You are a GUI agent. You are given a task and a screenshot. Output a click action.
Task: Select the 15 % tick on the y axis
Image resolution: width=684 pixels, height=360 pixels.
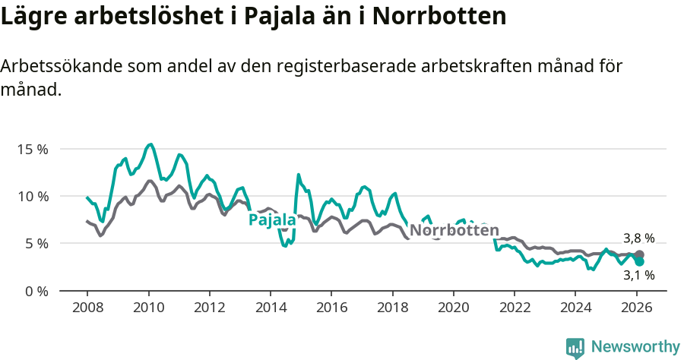[33, 149]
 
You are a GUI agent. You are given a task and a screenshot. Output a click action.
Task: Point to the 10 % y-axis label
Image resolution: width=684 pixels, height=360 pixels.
[33, 196]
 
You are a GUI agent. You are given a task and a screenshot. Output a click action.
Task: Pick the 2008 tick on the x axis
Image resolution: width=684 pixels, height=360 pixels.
[87, 308]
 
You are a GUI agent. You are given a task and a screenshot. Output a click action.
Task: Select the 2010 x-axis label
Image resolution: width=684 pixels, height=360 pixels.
[148, 308]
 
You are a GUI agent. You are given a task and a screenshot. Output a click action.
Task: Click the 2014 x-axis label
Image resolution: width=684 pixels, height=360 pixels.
[271, 308]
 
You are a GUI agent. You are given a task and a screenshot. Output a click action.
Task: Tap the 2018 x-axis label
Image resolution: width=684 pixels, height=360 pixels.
[393, 308]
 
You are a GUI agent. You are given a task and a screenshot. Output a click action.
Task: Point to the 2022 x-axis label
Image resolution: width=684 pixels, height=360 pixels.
[515, 308]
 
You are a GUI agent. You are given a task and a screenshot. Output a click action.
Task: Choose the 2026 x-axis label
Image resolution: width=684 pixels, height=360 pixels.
[637, 308]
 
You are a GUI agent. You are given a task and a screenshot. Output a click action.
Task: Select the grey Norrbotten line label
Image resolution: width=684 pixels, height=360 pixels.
[454, 230]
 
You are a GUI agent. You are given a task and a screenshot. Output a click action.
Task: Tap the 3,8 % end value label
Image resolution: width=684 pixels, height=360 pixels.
[638, 238]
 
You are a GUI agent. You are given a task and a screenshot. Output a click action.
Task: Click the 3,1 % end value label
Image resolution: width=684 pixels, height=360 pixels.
[638, 275]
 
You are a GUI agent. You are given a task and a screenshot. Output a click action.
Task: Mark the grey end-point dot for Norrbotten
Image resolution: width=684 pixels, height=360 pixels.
[639, 254]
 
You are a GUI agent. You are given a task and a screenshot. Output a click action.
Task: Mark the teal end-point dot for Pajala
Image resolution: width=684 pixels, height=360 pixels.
[639, 261]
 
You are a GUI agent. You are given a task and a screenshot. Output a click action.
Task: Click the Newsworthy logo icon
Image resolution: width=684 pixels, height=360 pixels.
[575, 347]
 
